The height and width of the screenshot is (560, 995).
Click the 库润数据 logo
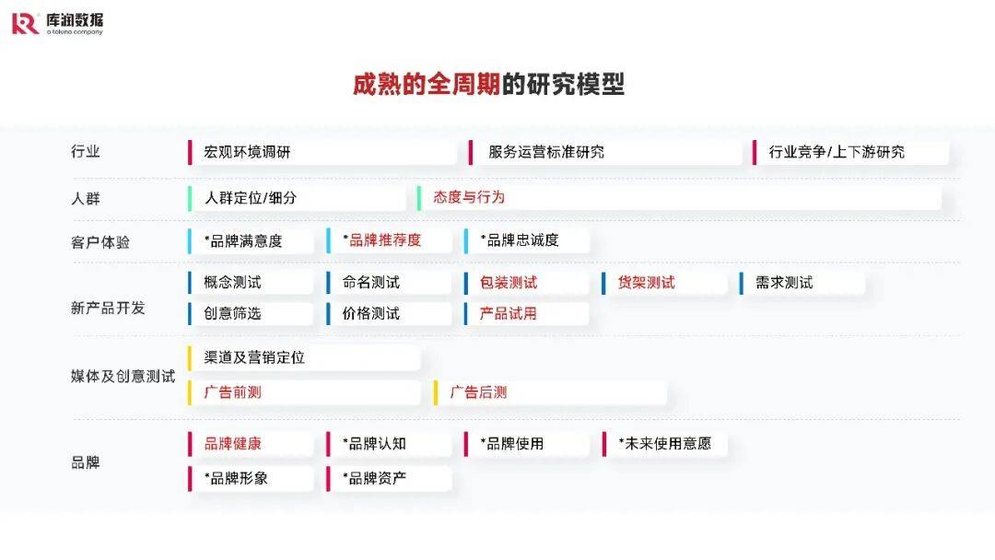57,23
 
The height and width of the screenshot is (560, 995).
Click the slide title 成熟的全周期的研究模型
488,85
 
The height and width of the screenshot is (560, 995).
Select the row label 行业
86,152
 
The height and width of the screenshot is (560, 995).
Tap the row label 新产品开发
108,308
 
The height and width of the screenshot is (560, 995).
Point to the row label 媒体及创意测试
123,376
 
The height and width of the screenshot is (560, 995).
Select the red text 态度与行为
469,197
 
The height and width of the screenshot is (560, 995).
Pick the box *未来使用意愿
664,443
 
